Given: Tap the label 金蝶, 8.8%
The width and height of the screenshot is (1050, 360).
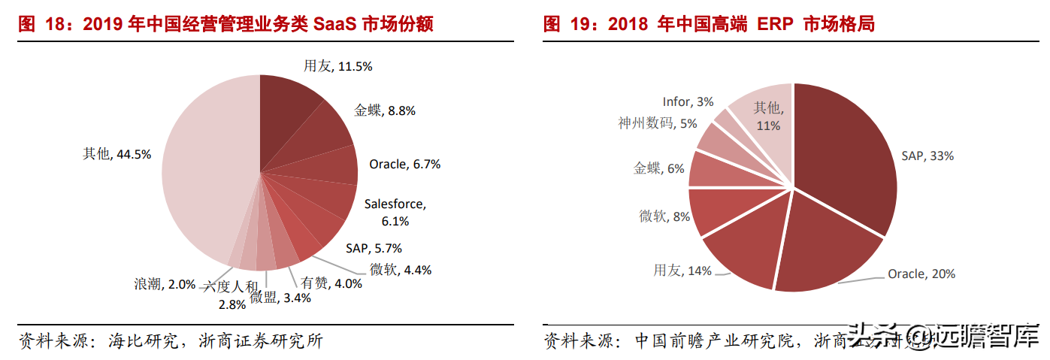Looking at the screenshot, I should click(x=385, y=110).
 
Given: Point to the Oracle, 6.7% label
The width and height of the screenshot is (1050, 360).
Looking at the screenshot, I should click(x=404, y=164).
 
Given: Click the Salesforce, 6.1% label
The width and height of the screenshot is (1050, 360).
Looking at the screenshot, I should click(x=395, y=212).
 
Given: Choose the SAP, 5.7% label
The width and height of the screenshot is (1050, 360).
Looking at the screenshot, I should click(x=374, y=248).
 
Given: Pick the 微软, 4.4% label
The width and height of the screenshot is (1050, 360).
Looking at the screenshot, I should click(x=401, y=269).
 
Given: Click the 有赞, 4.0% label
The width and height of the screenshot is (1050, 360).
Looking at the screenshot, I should click(x=331, y=283).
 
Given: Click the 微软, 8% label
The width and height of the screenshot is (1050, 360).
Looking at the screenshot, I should click(x=664, y=216).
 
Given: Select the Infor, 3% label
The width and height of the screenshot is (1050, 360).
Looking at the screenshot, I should click(x=688, y=101).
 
